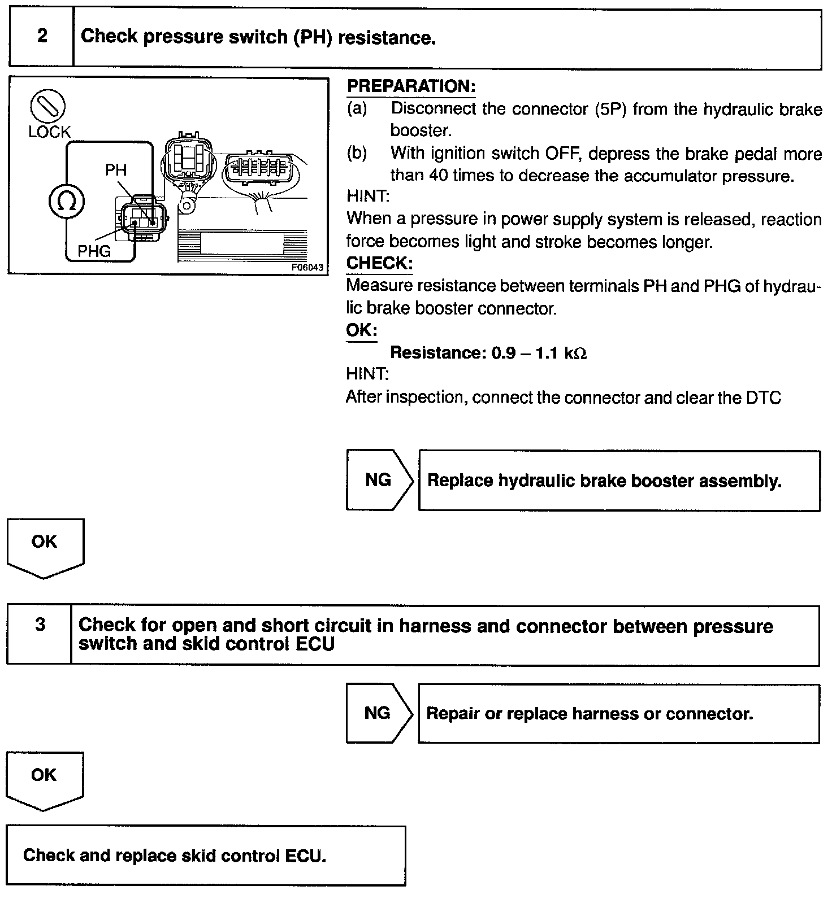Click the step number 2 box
42,37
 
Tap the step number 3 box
40,635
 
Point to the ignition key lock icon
48,107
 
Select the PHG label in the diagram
94,251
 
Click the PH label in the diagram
116,170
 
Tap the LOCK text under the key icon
49,132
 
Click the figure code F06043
307,268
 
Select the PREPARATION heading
411,86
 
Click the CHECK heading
379,263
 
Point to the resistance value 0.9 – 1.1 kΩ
539,353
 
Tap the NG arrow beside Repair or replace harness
378,713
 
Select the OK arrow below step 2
45,545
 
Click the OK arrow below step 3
44,778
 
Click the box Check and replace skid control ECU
206,855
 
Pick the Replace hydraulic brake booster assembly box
619,481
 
